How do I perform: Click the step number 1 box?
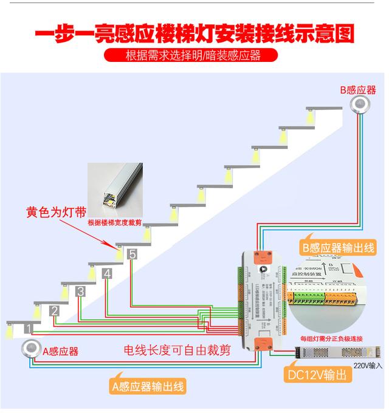[x=28, y=329]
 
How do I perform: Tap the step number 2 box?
[x=54, y=311]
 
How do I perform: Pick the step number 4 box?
[x=107, y=273]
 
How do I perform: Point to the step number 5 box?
[x=133, y=254]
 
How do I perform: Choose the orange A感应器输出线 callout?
[x=148, y=386]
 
